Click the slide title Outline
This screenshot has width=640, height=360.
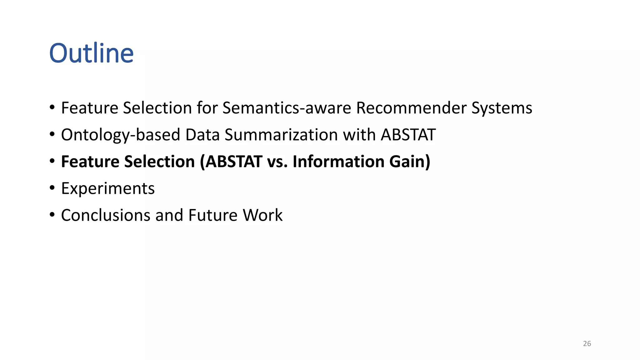pos(91,53)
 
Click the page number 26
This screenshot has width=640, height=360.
pos(587,344)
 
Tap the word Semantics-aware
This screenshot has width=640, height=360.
pos(287,108)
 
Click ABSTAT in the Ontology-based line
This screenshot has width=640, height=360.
pos(408,135)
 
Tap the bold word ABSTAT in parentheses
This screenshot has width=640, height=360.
pos(233,162)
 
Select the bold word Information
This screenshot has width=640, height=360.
pos(338,162)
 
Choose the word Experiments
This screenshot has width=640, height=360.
pos(108,189)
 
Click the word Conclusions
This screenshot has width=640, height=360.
pos(106,216)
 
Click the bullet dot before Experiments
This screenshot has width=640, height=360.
pos(52,188)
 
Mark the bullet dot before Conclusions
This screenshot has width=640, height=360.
pos(52,215)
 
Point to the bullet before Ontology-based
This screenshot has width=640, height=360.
pos(52,134)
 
